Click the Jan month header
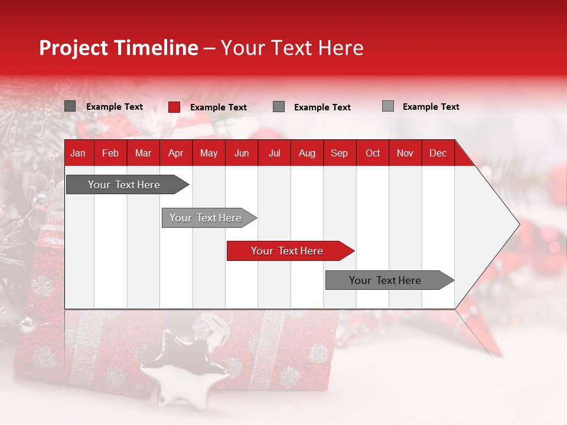click(x=78, y=153)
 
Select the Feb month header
click(x=110, y=153)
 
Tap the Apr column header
click(x=175, y=153)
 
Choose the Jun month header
click(x=242, y=153)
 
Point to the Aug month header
click(x=307, y=153)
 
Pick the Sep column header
click(x=339, y=153)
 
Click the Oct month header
click(x=373, y=153)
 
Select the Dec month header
click(x=438, y=153)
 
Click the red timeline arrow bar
click(x=289, y=251)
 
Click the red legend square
click(x=174, y=107)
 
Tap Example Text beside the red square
click(x=219, y=107)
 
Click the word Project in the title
click(x=74, y=48)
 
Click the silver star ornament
click(x=184, y=366)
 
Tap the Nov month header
click(x=405, y=153)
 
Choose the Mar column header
click(x=143, y=153)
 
